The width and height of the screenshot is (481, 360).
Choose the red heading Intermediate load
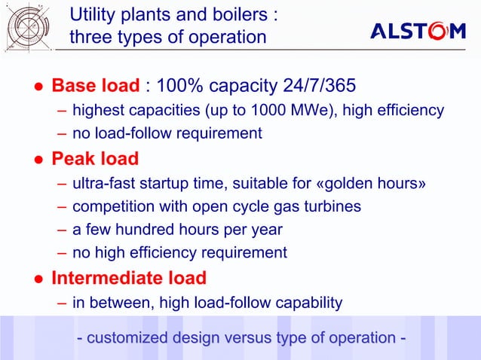click(x=128, y=279)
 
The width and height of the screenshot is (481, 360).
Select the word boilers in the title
click(x=237, y=14)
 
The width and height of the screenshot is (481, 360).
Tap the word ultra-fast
click(x=103, y=183)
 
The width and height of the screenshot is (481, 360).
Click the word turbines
click(x=332, y=206)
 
